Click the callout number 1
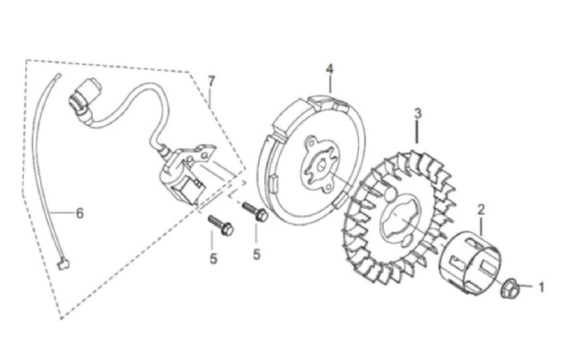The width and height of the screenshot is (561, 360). coord(541,288)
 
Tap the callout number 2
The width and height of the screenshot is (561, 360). coord(481,210)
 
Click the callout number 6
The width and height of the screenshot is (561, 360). coord(80,213)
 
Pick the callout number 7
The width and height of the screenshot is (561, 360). coord(211,81)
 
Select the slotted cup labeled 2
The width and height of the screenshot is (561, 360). coord(470,262)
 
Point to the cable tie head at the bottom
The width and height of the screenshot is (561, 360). coord(63,264)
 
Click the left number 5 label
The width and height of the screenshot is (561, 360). coord(213,259)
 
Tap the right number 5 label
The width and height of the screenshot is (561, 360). coord(256,254)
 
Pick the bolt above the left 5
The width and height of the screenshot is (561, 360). coord(221,225)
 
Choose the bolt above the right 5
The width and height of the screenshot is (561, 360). coord(255,211)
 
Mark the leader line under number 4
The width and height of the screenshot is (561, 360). coord(330,84)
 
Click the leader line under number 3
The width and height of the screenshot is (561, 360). coord(417,132)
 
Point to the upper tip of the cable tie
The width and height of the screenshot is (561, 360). coord(59,74)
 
